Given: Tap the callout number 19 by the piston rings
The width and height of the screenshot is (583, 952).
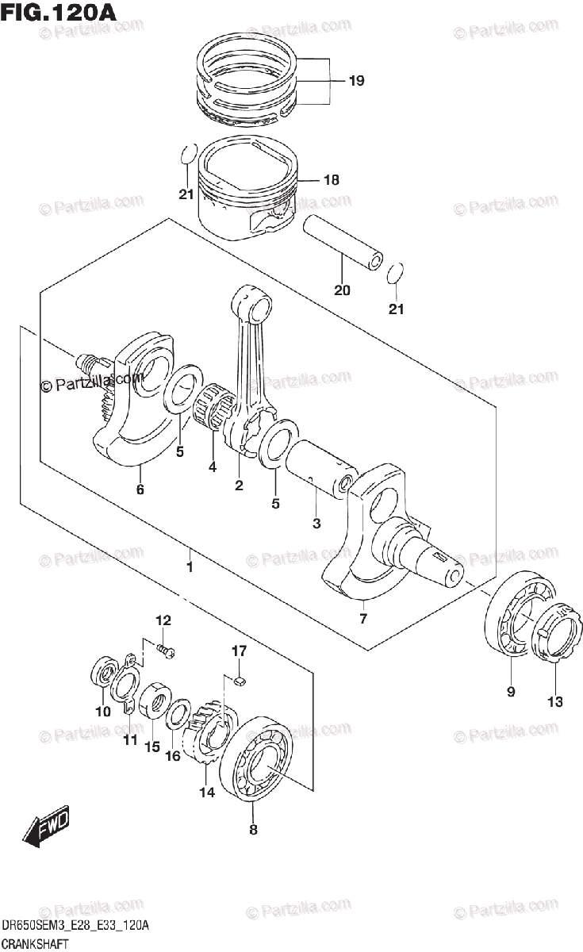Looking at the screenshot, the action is tap(356, 80).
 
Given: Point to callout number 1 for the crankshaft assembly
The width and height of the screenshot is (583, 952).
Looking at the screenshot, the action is tap(190, 566).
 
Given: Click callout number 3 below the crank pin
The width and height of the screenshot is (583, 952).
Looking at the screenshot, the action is tap(316, 524).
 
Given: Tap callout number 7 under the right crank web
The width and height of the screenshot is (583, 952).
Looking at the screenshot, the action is tap(363, 617).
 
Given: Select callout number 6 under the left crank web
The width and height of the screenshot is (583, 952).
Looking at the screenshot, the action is tap(140, 489).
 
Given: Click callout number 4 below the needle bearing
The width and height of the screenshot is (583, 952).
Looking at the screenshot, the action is tap(213, 467).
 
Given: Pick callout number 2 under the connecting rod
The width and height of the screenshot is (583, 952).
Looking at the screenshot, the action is tap(239, 485).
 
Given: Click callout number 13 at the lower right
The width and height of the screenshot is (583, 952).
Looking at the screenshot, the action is tap(554, 701).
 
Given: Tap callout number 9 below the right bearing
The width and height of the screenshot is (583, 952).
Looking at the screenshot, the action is tap(511, 692).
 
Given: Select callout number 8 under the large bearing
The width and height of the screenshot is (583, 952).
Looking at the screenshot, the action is tap(253, 830).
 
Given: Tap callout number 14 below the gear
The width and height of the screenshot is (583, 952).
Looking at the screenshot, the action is tap(207, 792).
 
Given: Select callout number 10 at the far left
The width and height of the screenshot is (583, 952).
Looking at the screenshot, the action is tap(102, 712).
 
